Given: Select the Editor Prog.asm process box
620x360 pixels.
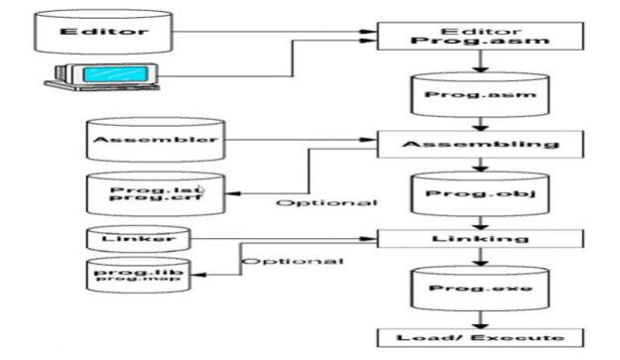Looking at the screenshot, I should pos(480,38).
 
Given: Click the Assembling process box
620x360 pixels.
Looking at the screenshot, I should pos(480,144).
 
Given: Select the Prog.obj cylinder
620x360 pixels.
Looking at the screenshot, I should pos(479,192).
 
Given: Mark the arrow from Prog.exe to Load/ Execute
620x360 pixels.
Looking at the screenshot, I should pos(479,319).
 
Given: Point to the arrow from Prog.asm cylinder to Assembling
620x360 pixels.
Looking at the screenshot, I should pos(479,125).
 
